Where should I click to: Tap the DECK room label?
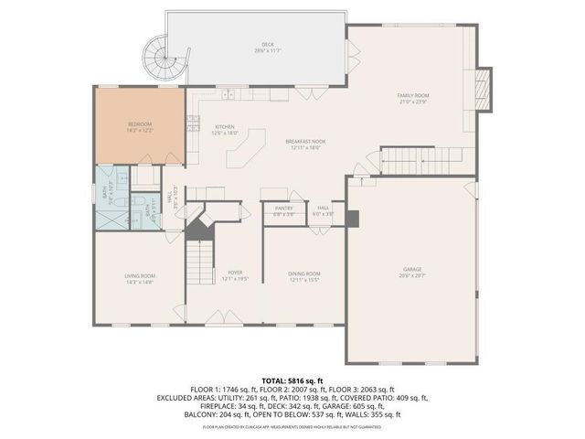tap(268, 46)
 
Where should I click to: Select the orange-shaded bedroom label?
tap(140, 126)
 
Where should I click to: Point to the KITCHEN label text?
tap(225, 129)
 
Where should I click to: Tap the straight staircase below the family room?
tap(410, 163)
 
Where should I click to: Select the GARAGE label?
tap(413, 272)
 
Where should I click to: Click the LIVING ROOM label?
tap(140, 278)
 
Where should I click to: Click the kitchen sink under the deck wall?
tap(227, 94)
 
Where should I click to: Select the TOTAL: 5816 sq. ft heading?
tap(292, 379)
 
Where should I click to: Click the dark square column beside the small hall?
tap(353, 219)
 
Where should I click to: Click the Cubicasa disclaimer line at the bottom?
tap(292, 426)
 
